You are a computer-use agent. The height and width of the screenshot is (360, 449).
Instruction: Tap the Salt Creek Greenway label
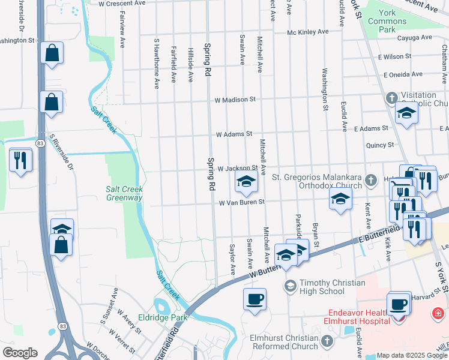tap(124, 193)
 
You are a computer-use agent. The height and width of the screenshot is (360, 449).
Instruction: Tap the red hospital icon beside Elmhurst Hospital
tap(438, 313)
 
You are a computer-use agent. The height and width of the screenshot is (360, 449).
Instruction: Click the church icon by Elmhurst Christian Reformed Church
tap(327, 341)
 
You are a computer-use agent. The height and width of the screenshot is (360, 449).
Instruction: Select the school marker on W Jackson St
tap(246, 182)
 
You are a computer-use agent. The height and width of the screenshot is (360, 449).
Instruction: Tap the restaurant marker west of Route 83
tap(21, 160)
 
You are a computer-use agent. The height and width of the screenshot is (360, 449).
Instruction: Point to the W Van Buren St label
tap(242, 203)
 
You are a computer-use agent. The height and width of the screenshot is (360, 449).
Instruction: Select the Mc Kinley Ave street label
tap(308, 32)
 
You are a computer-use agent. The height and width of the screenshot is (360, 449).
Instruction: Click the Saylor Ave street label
tap(233, 259)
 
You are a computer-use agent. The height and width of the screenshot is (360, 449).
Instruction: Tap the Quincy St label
tap(380, 145)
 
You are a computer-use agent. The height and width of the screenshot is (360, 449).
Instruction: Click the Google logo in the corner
tap(20, 353)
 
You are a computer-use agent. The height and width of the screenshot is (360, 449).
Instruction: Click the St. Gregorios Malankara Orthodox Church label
tap(317, 181)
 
